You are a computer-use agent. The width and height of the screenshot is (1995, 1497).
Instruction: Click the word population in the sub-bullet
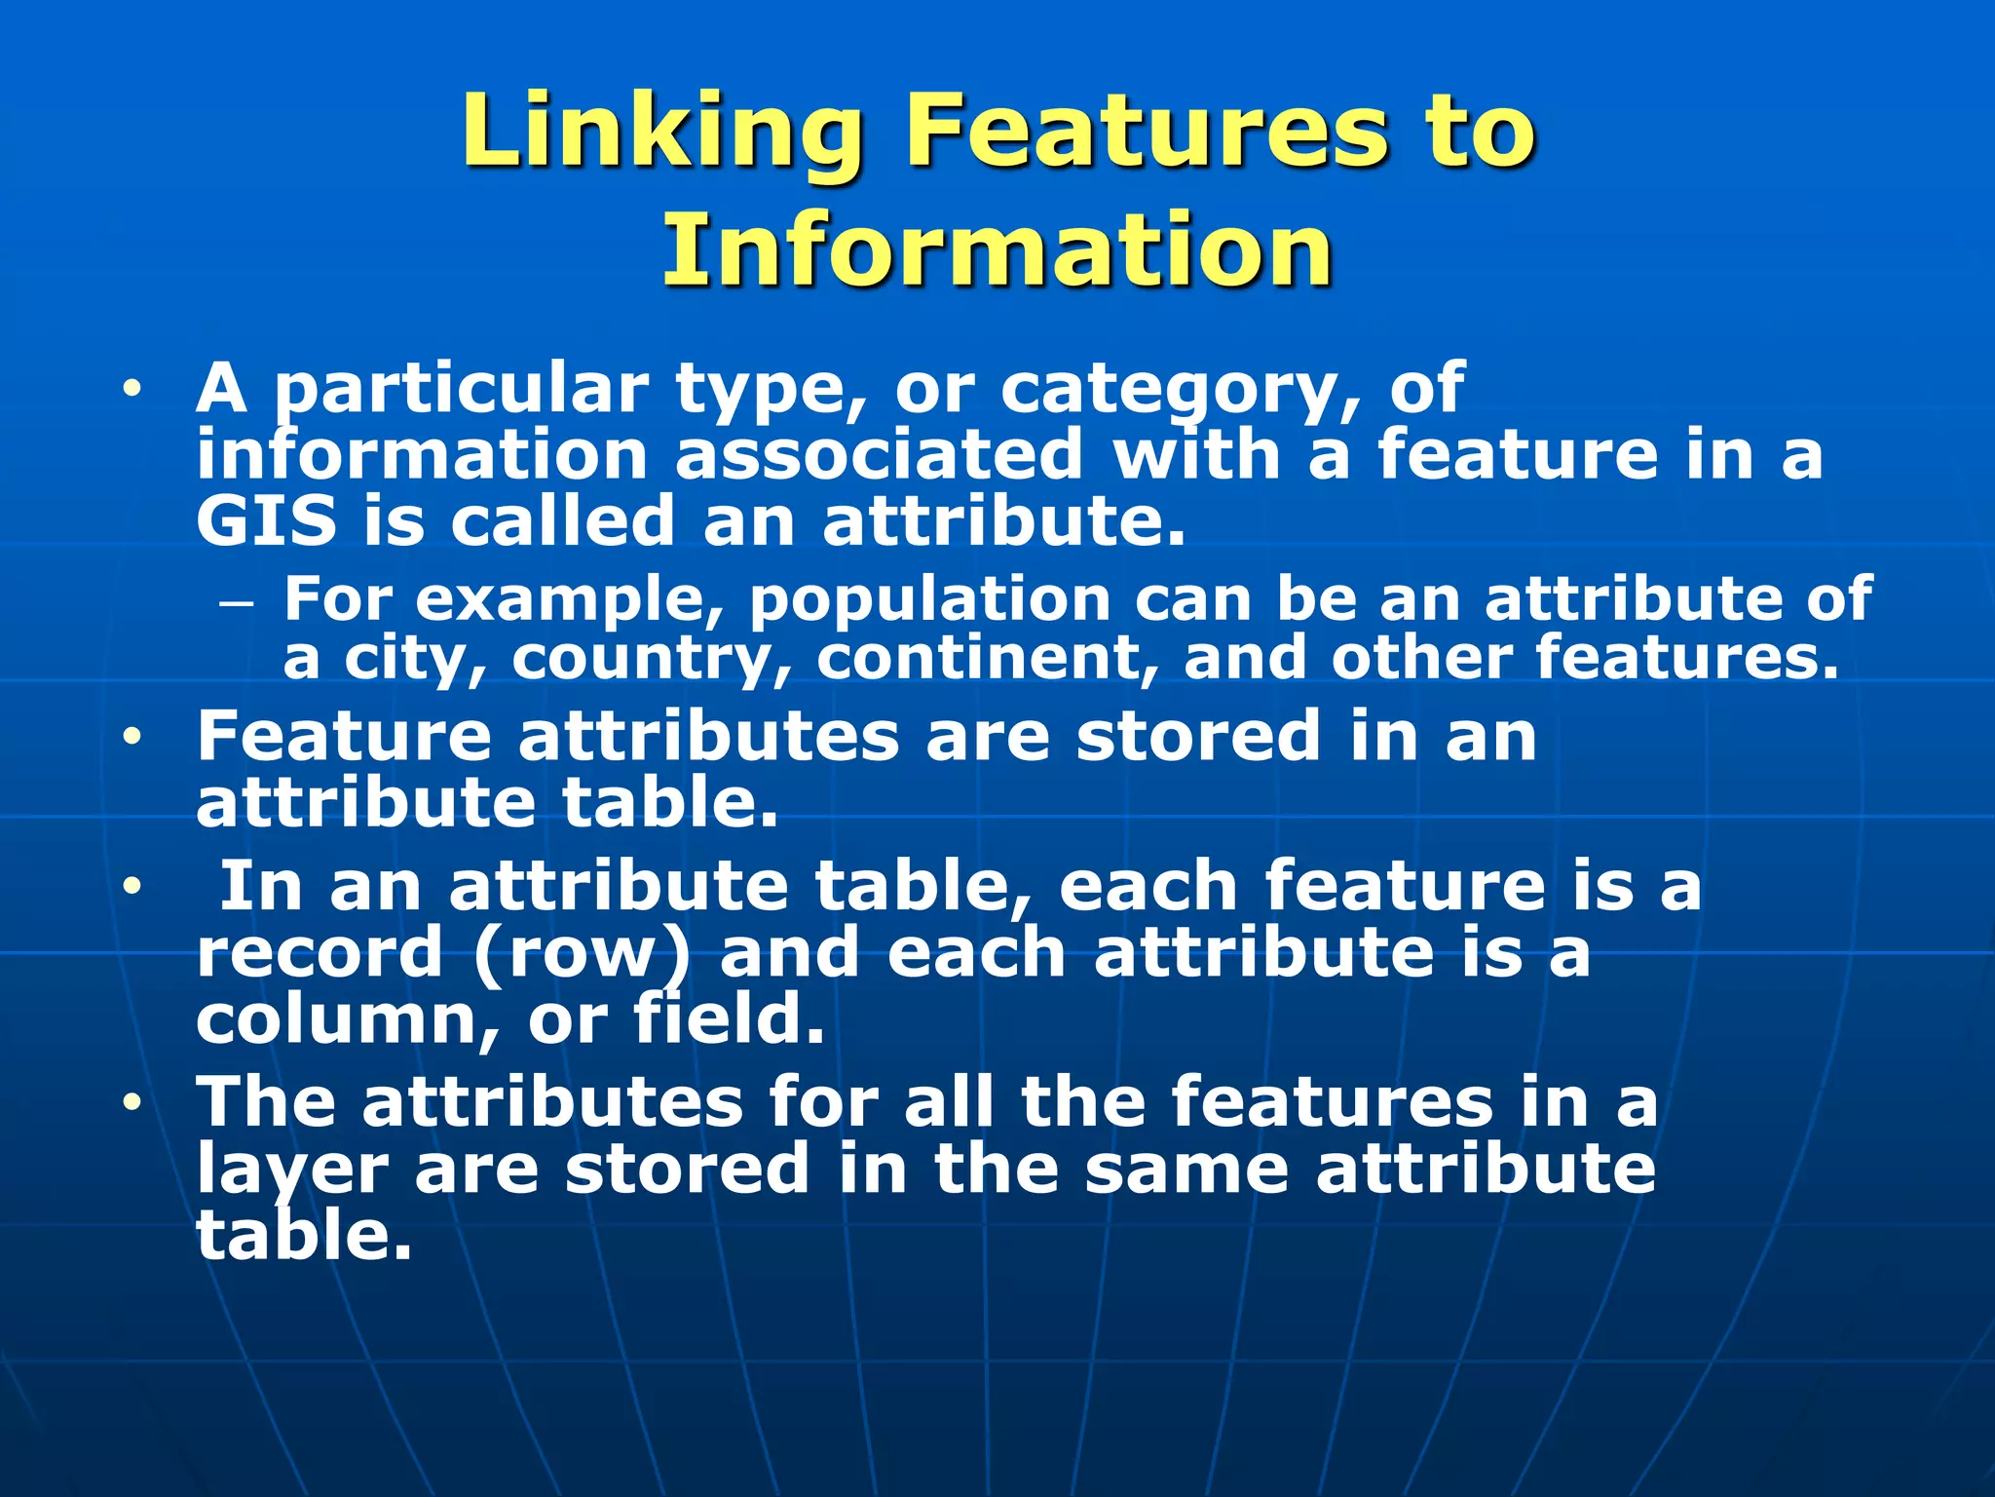click(930, 598)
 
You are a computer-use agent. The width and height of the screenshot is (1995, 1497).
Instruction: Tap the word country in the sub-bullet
click(651, 660)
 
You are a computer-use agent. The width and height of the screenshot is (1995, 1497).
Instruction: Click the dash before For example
click(237, 604)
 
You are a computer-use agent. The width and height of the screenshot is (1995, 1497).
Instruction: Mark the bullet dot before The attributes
click(132, 1103)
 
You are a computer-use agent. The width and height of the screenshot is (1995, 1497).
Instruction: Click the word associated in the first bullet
click(879, 455)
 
